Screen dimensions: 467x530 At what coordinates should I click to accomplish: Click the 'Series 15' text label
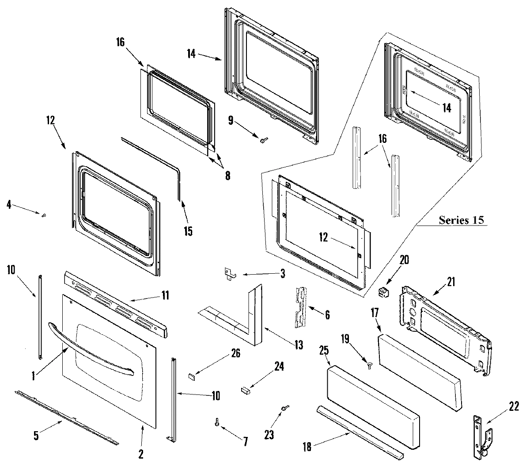461,220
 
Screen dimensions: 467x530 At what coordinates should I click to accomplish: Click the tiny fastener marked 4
44,215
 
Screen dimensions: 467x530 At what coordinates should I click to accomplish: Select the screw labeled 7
217,422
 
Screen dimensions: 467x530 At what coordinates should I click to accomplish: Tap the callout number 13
299,345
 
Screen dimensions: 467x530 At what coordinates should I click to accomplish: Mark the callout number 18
307,447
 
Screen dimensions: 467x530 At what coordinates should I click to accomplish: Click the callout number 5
36,435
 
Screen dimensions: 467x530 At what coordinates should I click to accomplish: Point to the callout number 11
164,295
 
